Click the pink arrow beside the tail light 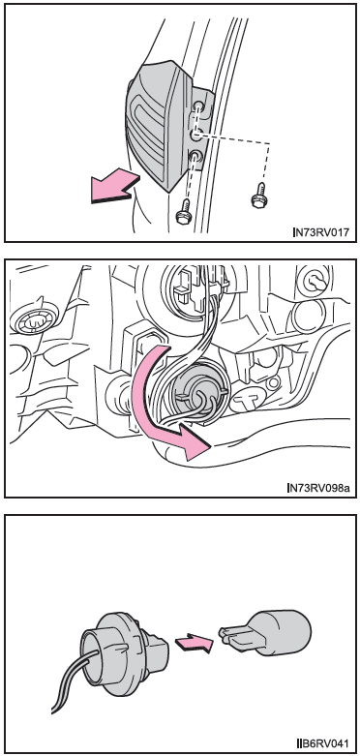click(115, 187)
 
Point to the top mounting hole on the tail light click(198, 106)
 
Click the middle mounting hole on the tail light click(196, 135)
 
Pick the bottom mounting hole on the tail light click(195, 156)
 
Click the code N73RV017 click(321, 233)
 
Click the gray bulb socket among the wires click(195, 393)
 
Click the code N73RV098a click(318, 488)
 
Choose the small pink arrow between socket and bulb click(194, 643)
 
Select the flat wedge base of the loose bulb click(237, 636)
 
